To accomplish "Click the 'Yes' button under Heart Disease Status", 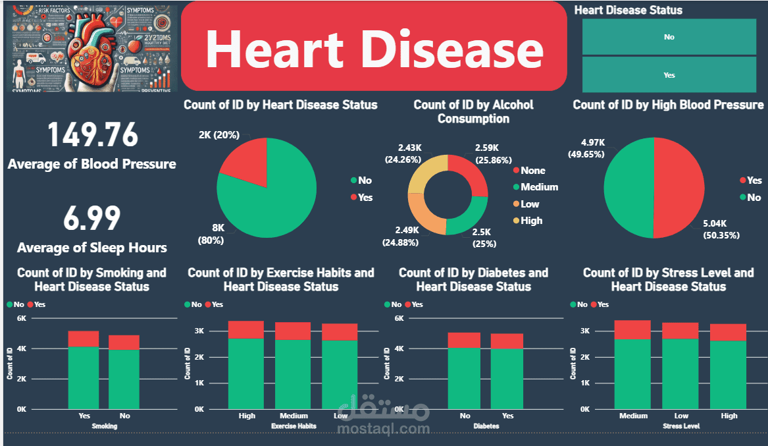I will (x=669, y=75).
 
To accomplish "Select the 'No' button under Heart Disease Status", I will (x=669, y=37).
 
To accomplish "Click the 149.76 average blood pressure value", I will (x=93, y=135).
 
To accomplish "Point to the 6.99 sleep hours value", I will (x=92, y=219).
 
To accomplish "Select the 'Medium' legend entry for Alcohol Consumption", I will (x=539, y=187).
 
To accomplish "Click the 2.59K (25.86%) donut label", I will (x=488, y=154).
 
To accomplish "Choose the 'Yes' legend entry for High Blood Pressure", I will (x=754, y=181).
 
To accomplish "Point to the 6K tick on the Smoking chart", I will (x=21, y=318).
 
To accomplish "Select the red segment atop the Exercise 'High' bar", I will (x=245, y=329).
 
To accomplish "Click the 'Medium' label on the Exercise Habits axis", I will (x=294, y=416).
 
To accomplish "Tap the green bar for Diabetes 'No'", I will (x=465, y=378).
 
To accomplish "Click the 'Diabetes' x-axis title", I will (x=485, y=426).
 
